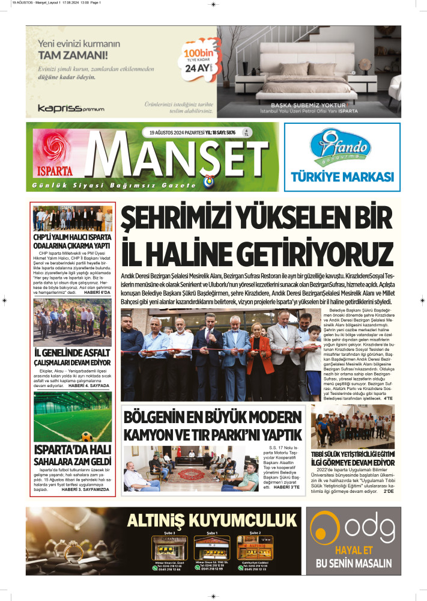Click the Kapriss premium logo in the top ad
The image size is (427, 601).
pos(71,109)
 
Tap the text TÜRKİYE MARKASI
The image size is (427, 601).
pos(342,177)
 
